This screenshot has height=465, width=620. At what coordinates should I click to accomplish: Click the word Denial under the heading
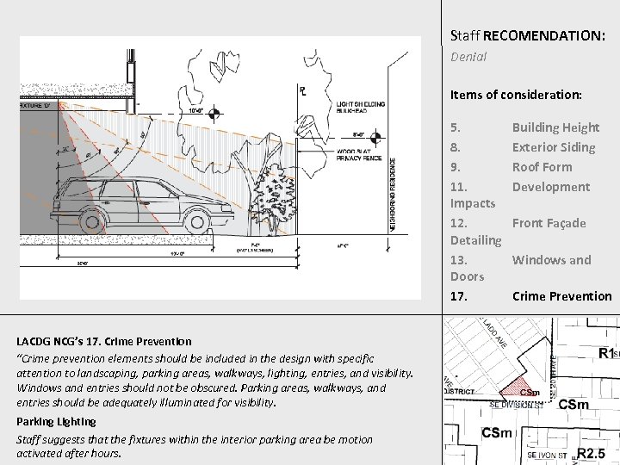(x=469, y=57)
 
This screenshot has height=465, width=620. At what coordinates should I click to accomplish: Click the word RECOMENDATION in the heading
(x=544, y=36)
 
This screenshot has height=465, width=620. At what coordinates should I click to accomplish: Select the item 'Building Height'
(x=555, y=127)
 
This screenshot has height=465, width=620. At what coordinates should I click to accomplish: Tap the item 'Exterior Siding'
(x=554, y=147)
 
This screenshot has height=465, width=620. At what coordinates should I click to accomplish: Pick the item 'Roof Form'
(x=542, y=167)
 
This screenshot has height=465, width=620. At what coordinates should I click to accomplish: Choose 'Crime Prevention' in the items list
(x=561, y=296)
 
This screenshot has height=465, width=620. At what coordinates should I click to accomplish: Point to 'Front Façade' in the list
(x=549, y=223)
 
